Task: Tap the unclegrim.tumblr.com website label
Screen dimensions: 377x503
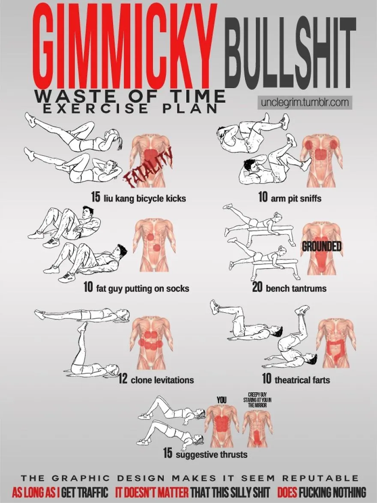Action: pos(305,102)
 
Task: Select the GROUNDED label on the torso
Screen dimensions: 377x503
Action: pos(321,246)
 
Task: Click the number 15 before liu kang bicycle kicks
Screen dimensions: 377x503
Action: pos(96,197)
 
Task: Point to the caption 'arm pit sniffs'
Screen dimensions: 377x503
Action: pos(296,198)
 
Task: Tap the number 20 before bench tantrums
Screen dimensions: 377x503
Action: pos(257,287)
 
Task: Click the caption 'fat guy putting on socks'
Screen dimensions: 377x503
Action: pos(143,288)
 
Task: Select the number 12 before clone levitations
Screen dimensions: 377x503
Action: pos(123,379)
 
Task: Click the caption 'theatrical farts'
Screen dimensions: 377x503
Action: pos(302,380)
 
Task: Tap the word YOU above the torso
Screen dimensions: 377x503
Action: pos(221,399)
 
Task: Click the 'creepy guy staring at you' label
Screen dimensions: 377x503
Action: pos(257,399)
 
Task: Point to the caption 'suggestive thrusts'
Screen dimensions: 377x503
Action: pos(212,455)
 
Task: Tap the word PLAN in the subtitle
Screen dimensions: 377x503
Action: pos(190,109)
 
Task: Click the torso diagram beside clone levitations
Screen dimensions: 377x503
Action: pos(151,343)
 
